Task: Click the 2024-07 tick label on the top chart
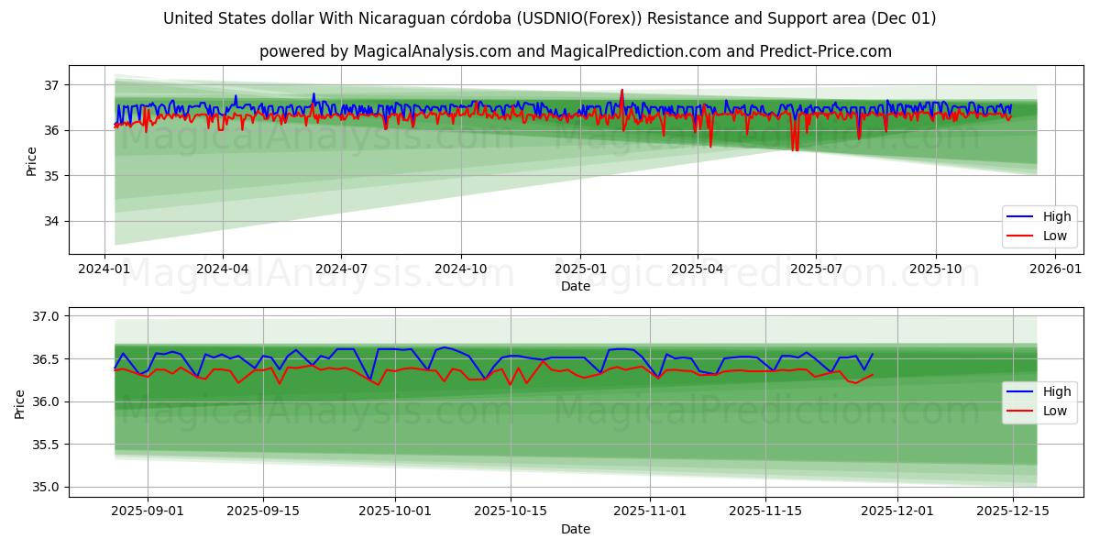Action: pyautogui.click(x=341, y=269)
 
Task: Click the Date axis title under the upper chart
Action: pyautogui.click(x=576, y=286)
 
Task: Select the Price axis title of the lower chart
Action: pyautogui.click(x=19, y=403)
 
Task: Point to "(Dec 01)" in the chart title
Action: pyautogui.click(x=906, y=18)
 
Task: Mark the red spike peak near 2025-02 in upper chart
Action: pyautogui.click(x=621, y=90)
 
